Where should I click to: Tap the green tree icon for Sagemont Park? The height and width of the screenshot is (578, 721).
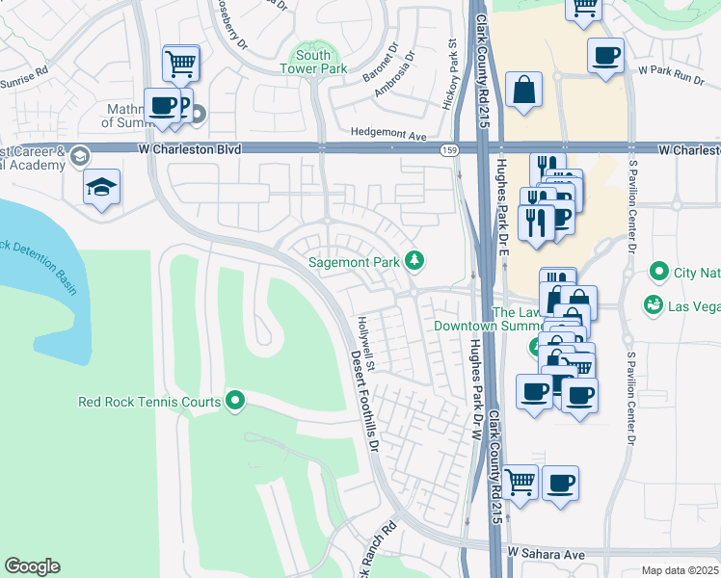[414, 260]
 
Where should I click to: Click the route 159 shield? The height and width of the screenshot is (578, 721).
[449, 150]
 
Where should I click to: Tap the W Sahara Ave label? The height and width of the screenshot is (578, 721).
[547, 555]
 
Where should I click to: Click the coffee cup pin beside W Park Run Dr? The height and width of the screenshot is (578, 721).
[605, 56]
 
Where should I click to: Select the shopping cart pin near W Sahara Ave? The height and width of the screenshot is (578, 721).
[521, 481]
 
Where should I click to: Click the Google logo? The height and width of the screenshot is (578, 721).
[32, 566]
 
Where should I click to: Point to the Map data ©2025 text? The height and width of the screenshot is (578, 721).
[680, 570]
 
